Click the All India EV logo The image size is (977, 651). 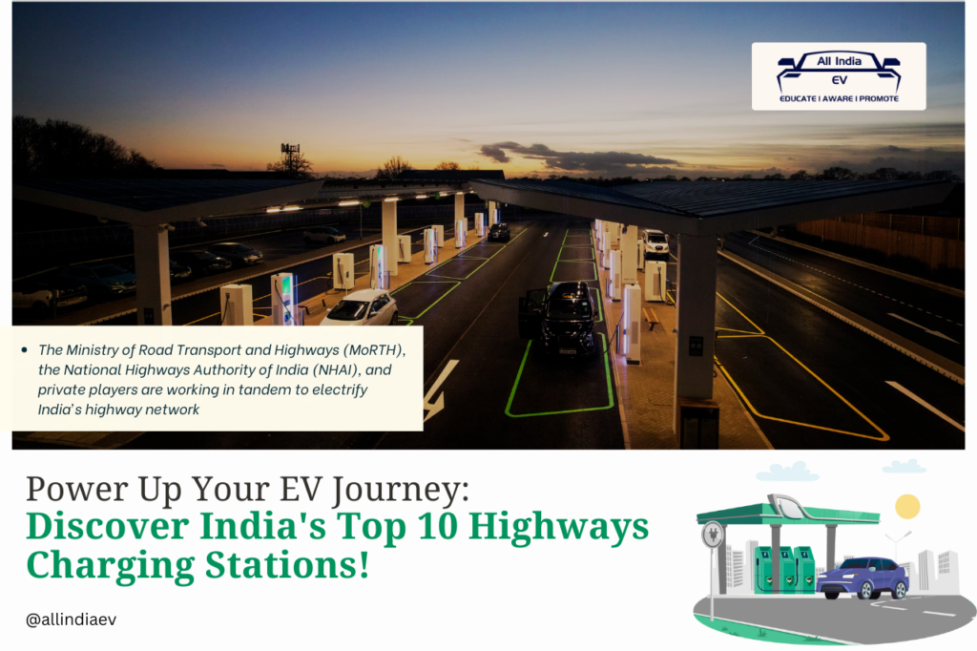tap(839, 76)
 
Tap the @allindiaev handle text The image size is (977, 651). tap(71, 619)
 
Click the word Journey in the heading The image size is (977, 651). tap(400, 490)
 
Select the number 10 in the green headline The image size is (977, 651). tap(439, 526)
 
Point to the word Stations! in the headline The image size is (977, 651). tap(287, 566)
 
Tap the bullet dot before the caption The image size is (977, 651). tap(24, 350)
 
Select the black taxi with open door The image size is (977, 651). tap(560, 318)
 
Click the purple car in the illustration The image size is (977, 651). tap(863, 578)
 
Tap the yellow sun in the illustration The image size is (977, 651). tap(907, 506)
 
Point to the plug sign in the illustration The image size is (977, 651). tap(712, 535)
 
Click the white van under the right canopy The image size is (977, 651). tap(655, 243)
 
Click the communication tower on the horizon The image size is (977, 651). tap(290, 157)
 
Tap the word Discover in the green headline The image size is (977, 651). tap(107, 526)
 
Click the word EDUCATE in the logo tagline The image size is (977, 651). tap(798, 98)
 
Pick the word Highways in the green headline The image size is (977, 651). tap(558, 528)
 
